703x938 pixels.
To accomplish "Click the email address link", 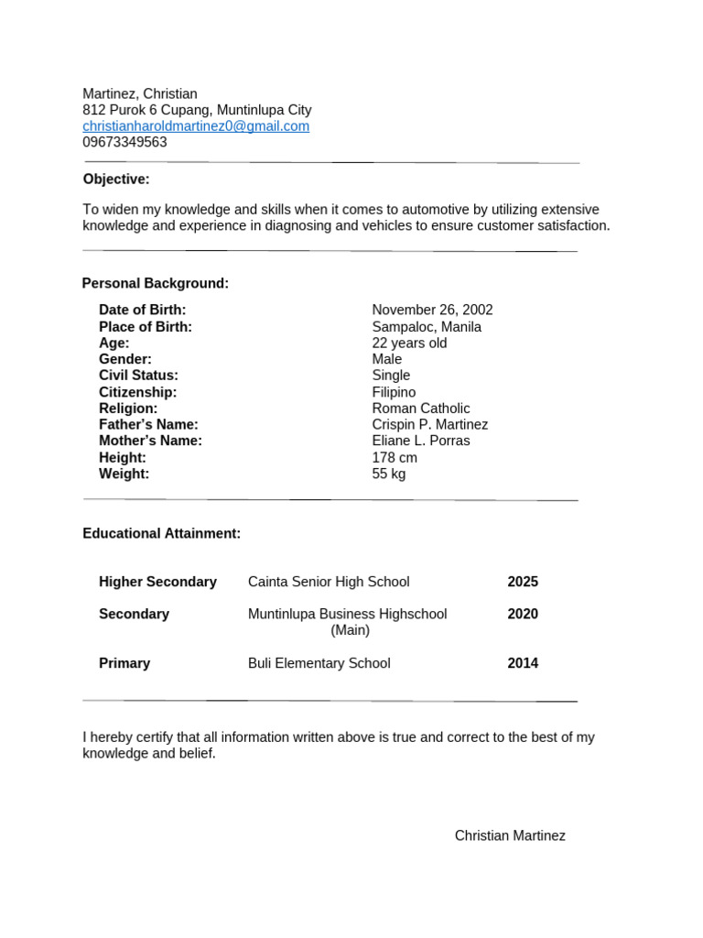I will (x=196, y=126).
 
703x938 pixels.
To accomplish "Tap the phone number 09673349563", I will (x=124, y=143).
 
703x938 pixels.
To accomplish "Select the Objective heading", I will (x=116, y=179).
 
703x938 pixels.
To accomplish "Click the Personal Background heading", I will (x=156, y=283).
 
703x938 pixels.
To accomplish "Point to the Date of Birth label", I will (x=142, y=311).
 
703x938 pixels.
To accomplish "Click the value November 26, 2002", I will (x=432, y=311).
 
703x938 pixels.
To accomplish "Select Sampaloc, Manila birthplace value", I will (x=427, y=327).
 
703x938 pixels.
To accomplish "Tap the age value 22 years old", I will (x=409, y=344).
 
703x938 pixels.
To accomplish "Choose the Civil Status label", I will (x=138, y=376).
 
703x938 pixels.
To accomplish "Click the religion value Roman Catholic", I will (x=421, y=409).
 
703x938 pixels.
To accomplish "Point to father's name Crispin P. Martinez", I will (x=430, y=425).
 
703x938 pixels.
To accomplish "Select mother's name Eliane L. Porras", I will (x=421, y=441).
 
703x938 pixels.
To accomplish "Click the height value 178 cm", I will (x=395, y=457).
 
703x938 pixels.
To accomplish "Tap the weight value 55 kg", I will (x=389, y=474).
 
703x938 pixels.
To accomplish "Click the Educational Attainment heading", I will (x=162, y=533).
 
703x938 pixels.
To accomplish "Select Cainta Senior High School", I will (x=329, y=582).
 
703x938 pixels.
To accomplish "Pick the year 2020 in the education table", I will (x=523, y=614).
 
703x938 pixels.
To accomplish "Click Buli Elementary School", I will (x=319, y=663).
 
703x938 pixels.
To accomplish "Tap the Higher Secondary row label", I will (x=157, y=582).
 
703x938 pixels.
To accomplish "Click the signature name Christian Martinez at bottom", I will (x=510, y=835).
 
